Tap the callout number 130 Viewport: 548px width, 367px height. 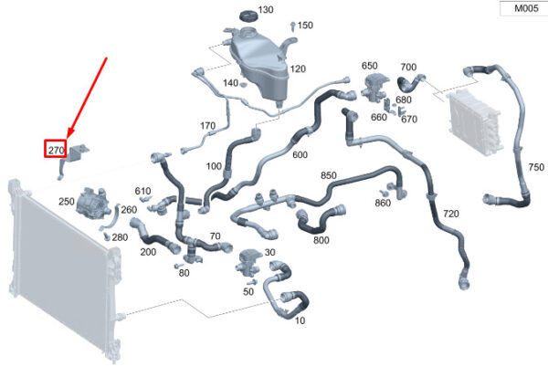[265, 10]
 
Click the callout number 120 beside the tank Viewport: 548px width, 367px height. [298, 69]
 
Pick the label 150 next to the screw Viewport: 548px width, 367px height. [305, 26]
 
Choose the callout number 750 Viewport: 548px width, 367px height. [535, 168]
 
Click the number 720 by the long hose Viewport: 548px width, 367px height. [451, 215]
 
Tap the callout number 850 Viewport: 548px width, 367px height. [329, 175]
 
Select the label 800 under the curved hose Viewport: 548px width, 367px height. [321, 241]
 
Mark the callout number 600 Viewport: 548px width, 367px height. [300, 155]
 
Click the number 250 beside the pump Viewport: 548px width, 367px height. [67, 201]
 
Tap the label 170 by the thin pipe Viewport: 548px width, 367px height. [207, 126]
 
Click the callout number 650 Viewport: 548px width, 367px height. [369, 66]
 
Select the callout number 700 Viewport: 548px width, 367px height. [408, 68]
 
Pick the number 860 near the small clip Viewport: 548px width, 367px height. [408, 203]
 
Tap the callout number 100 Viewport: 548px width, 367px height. [214, 166]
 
